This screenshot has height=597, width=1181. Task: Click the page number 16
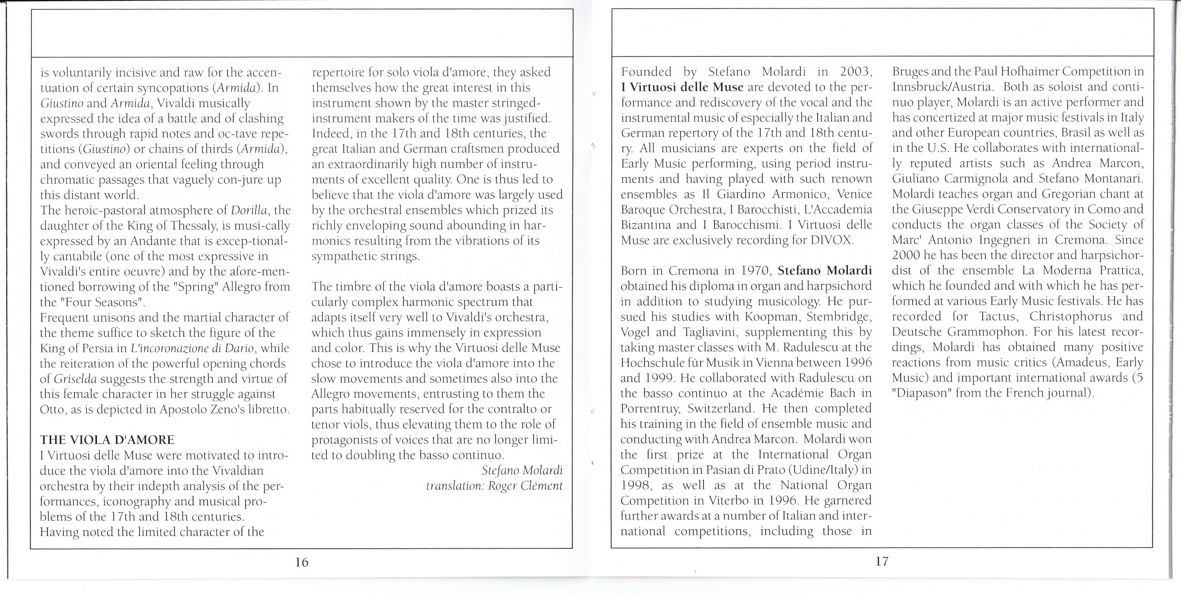[x=302, y=562]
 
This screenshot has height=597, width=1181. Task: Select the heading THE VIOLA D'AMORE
[x=107, y=440]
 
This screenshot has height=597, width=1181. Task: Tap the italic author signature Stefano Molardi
[x=522, y=471]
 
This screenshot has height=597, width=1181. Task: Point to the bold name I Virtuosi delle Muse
[x=682, y=87]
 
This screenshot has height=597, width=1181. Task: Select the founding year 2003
[x=856, y=72]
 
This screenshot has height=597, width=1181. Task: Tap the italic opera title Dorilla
[x=250, y=210]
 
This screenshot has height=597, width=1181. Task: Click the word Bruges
[x=907, y=72]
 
